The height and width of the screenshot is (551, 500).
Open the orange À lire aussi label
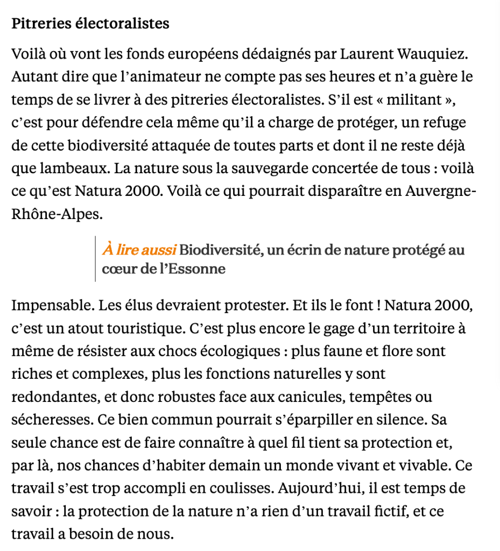coord(139,251)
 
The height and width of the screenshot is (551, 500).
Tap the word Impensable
coord(53,306)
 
